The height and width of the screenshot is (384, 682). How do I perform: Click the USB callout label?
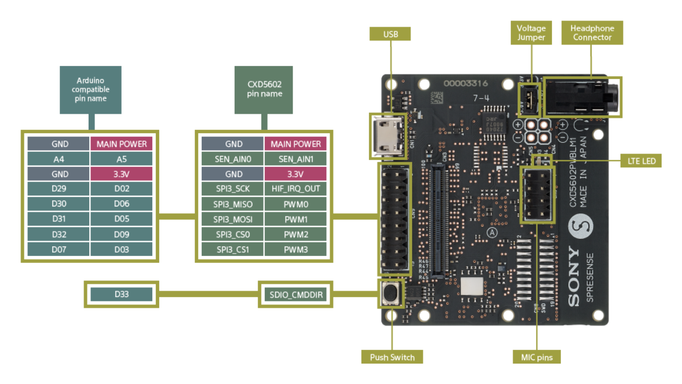(390, 34)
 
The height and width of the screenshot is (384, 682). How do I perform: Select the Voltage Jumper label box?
(531, 32)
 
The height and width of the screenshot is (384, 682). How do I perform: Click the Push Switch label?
(392, 357)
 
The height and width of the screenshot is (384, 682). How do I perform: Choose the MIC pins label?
(537, 357)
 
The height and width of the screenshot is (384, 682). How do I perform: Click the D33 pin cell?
(122, 294)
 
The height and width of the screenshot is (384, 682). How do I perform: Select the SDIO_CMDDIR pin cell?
(296, 294)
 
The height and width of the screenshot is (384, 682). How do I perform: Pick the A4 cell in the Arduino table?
(59, 159)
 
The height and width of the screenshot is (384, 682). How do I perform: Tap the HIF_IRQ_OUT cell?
(296, 189)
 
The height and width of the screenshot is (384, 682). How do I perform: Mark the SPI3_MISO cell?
(233, 204)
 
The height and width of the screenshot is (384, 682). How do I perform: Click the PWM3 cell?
(296, 249)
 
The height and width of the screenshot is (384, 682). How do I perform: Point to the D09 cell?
(122, 234)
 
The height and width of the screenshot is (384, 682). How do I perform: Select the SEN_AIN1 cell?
(296, 159)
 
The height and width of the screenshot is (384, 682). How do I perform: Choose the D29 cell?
(59, 189)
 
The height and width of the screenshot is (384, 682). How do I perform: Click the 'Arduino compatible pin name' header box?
(90, 89)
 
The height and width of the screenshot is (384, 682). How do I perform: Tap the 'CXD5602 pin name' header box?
(265, 89)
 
